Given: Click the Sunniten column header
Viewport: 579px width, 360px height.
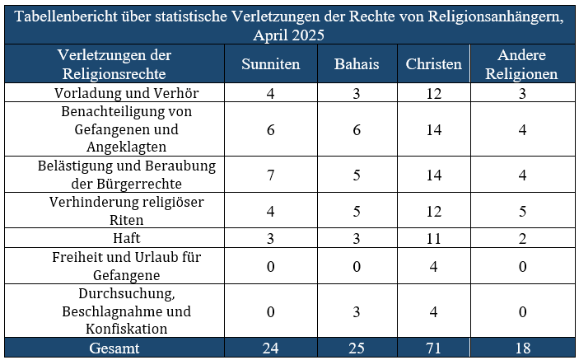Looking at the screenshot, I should tap(270, 64).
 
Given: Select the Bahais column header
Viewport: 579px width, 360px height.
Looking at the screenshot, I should tap(356, 64).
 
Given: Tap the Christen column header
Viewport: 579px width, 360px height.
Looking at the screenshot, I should tap(434, 64).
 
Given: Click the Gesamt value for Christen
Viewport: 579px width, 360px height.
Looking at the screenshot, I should tap(434, 348).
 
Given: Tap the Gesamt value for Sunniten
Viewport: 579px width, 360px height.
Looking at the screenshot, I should tap(270, 348).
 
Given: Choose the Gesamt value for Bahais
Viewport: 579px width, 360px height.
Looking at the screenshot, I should tap(356, 348).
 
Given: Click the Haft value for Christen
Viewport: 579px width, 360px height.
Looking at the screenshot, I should tap(434, 238).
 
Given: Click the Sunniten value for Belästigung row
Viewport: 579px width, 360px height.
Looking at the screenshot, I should tap(270, 175).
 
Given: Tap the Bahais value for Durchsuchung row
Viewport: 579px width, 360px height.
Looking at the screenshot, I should tap(356, 311).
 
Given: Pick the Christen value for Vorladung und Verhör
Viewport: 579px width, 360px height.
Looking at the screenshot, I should tap(434, 92).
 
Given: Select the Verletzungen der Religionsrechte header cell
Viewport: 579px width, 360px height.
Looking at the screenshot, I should tap(114, 64).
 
